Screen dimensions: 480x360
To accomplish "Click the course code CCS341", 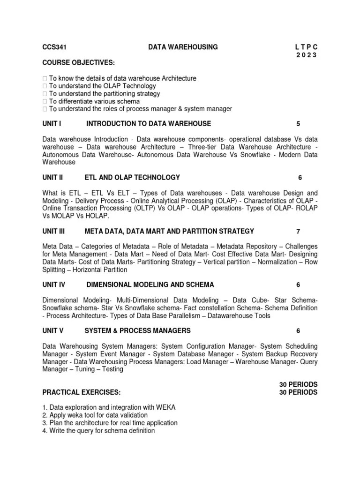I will [x=53, y=47].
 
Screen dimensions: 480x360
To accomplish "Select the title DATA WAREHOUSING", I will [x=183, y=47].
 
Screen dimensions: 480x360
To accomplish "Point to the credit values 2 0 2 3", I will [x=307, y=55].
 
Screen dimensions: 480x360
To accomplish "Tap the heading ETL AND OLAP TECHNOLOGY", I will [x=132, y=177].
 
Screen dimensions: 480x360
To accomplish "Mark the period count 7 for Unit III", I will [x=298, y=231].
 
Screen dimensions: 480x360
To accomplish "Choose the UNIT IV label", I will [x=53, y=285].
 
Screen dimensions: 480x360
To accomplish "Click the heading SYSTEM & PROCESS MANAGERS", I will [x=137, y=330].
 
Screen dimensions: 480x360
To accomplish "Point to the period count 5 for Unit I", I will [x=298, y=124].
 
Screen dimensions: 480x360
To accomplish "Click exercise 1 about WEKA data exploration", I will [x=109, y=407].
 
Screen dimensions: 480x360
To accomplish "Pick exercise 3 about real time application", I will [x=110, y=423].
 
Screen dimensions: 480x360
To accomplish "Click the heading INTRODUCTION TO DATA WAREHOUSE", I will [x=149, y=124].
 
